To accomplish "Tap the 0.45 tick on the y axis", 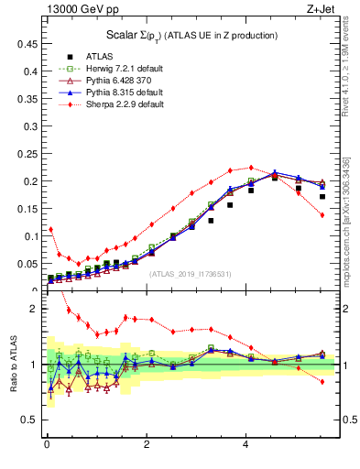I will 27,43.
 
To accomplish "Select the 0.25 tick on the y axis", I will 27,153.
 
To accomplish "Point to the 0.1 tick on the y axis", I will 30,236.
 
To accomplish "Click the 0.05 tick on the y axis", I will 27,264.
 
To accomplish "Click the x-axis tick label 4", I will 245,445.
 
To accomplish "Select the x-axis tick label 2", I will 147,445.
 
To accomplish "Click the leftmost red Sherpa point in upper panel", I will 50,229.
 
